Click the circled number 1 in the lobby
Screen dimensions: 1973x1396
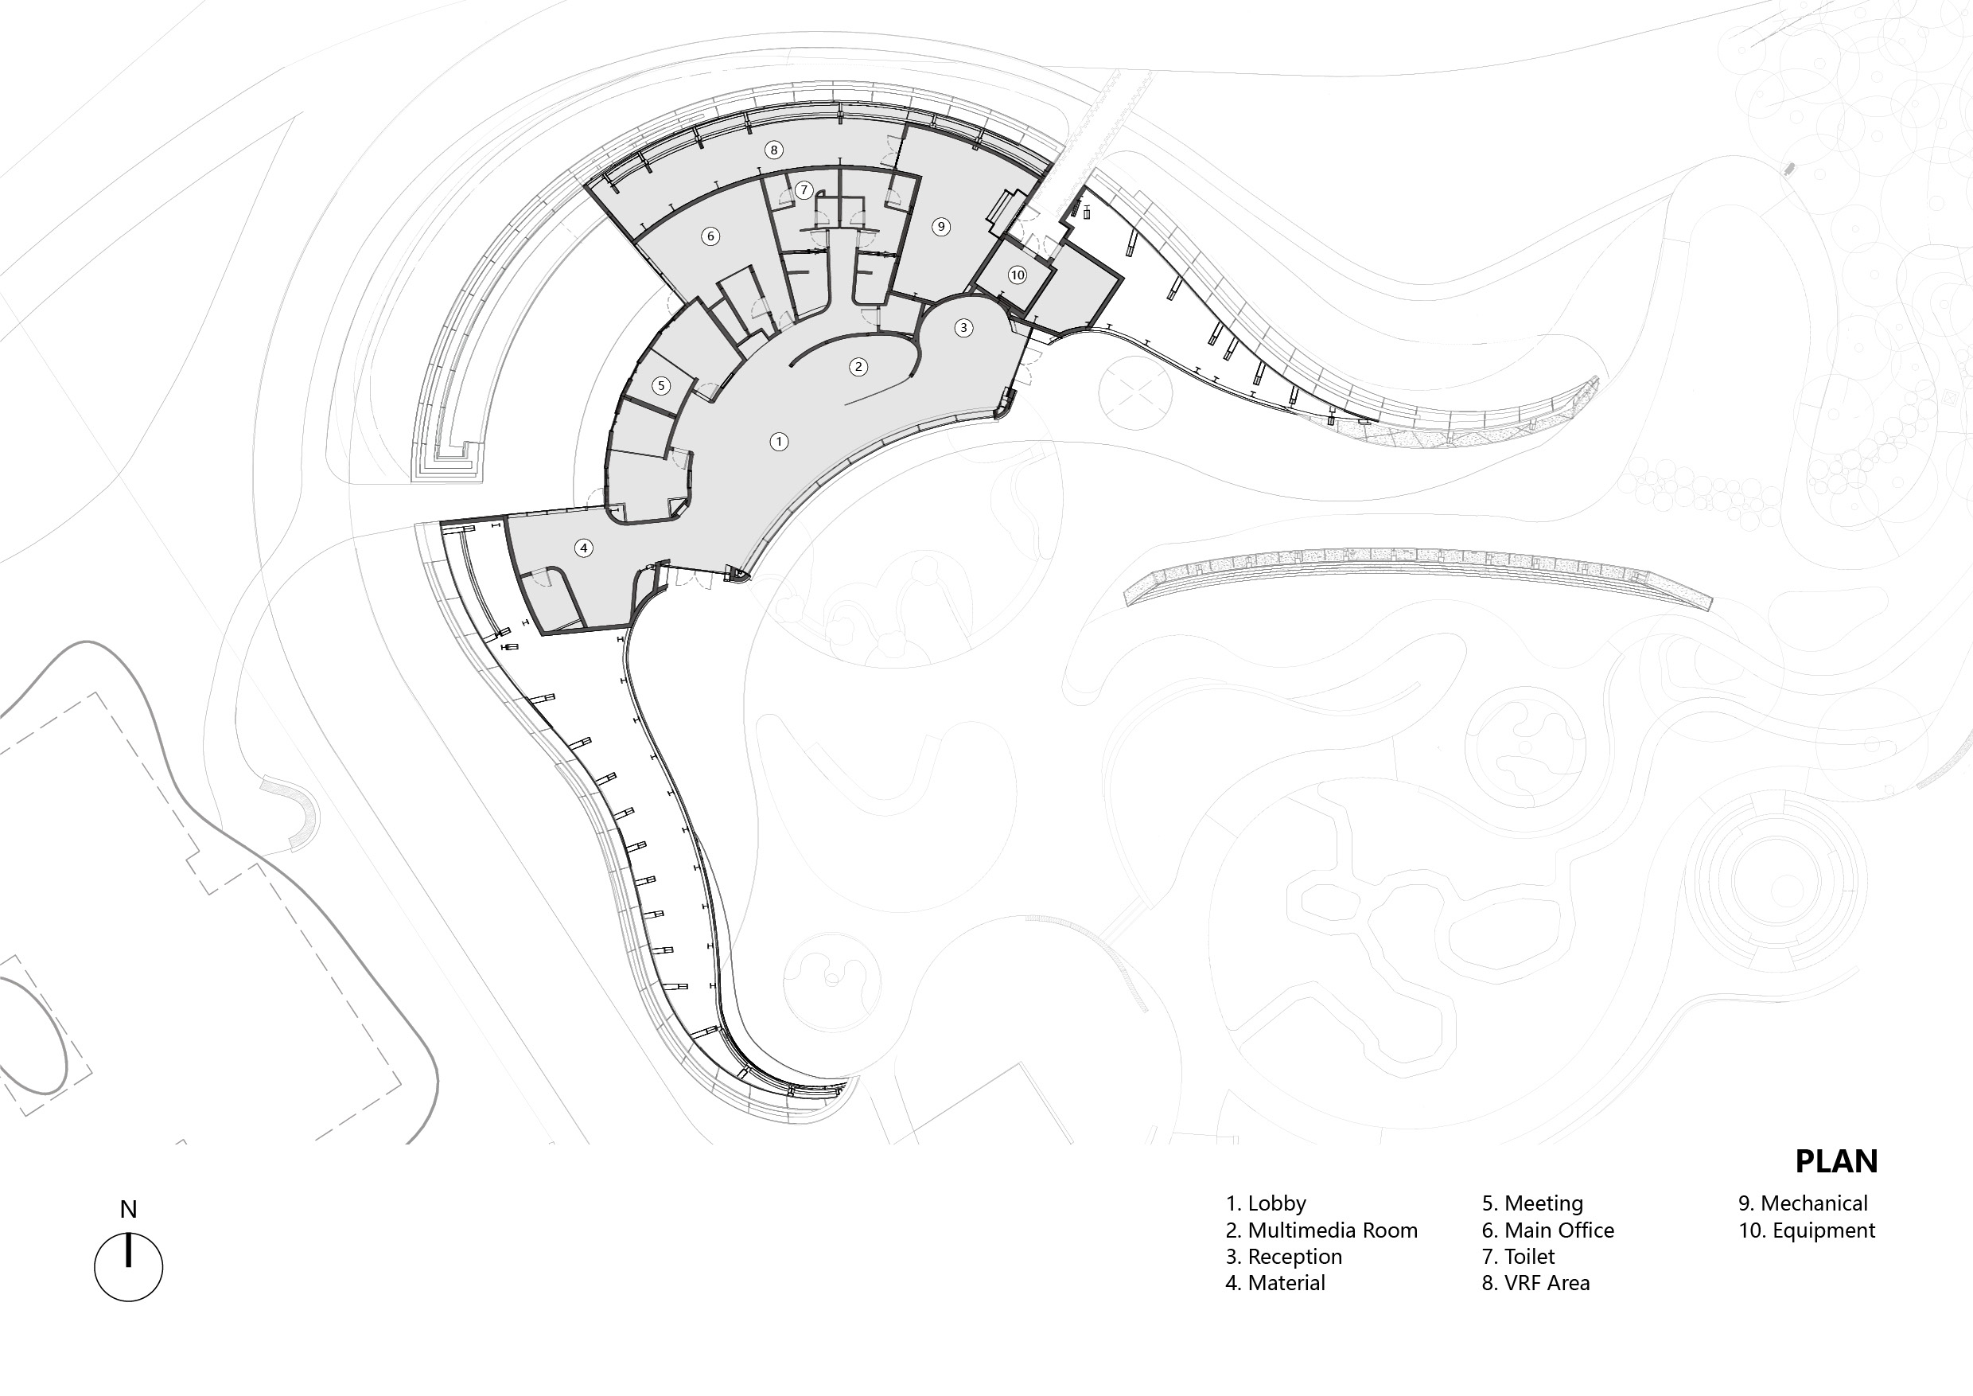779,442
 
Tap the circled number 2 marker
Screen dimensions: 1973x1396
858,367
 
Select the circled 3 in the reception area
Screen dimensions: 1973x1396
963,327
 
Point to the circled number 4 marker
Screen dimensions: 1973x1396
583,548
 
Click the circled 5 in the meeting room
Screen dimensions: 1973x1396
661,385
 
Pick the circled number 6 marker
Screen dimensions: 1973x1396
710,236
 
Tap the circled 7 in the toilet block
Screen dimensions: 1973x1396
804,190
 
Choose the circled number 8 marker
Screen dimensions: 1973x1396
773,150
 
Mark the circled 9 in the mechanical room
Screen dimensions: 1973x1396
941,227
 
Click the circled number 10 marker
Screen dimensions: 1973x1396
1018,275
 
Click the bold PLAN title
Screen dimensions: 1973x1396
1836,1161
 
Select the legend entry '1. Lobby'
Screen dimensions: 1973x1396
1266,1203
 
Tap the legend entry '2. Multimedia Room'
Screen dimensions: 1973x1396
1321,1230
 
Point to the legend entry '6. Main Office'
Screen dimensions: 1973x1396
1547,1230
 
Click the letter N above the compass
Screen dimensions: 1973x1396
128,1210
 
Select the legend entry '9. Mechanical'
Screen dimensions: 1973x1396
1803,1203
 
